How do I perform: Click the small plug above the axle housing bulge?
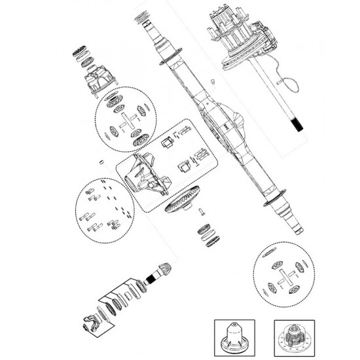(x=213, y=81)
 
